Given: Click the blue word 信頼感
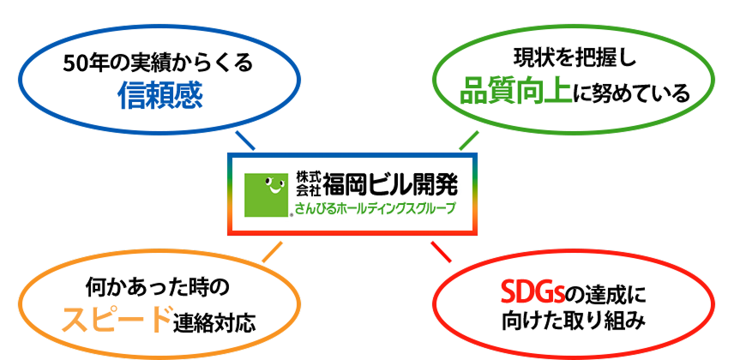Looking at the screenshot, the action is click(160, 96).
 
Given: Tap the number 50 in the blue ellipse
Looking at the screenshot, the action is click(74, 64).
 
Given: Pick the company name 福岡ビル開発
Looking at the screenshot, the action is click(390, 184).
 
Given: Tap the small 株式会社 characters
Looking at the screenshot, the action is click(309, 184).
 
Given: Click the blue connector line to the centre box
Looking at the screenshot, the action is click(245, 140).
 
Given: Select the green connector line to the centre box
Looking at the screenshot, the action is click(469, 140).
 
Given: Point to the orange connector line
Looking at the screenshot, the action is click(273, 251).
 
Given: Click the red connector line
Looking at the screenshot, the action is click(441, 251).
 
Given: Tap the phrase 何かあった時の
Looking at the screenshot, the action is click(158, 287).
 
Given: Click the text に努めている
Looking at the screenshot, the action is click(632, 93).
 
